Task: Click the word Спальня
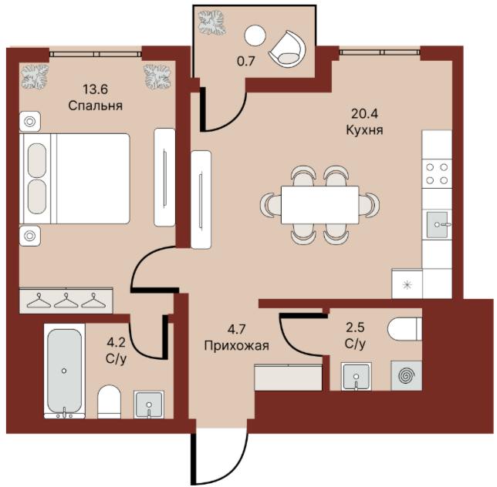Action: (96, 106)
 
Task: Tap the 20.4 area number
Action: (364, 113)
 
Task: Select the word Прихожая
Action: (237, 345)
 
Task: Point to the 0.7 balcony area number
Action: (246, 61)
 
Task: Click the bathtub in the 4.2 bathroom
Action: (64, 371)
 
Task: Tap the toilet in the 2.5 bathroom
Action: (404, 329)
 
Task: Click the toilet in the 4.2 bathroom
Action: (109, 402)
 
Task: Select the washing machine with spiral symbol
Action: (407, 375)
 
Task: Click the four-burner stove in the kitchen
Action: (437, 173)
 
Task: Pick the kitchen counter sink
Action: (438, 225)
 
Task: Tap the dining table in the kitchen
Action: (319, 205)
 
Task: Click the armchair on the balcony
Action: (288, 49)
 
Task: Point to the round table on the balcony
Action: (255, 35)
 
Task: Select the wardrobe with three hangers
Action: (66, 301)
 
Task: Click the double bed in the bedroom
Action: (75, 179)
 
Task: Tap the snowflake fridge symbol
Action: (407, 285)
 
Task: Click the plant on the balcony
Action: (211, 22)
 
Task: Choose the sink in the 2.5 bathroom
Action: (357, 377)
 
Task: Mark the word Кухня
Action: (364, 130)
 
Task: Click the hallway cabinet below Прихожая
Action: (288, 378)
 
